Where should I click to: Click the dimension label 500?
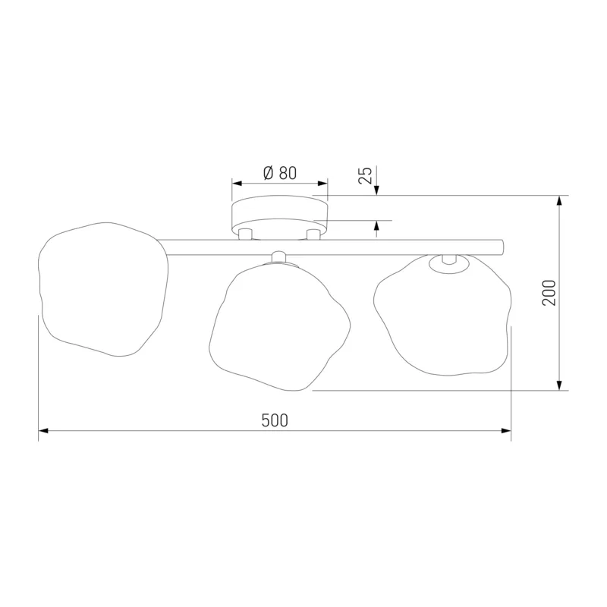(x=275, y=420)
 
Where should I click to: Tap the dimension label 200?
(x=549, y=293)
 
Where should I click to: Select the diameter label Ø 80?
(x=280, y=173)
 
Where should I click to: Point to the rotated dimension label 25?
(x=365, y=175)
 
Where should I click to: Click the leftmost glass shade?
(x=103, y=289)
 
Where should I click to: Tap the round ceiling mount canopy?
(x=279, y=217)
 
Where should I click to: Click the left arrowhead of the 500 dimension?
(x=43, y=430)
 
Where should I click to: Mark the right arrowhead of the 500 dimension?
(x=506, y=430)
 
